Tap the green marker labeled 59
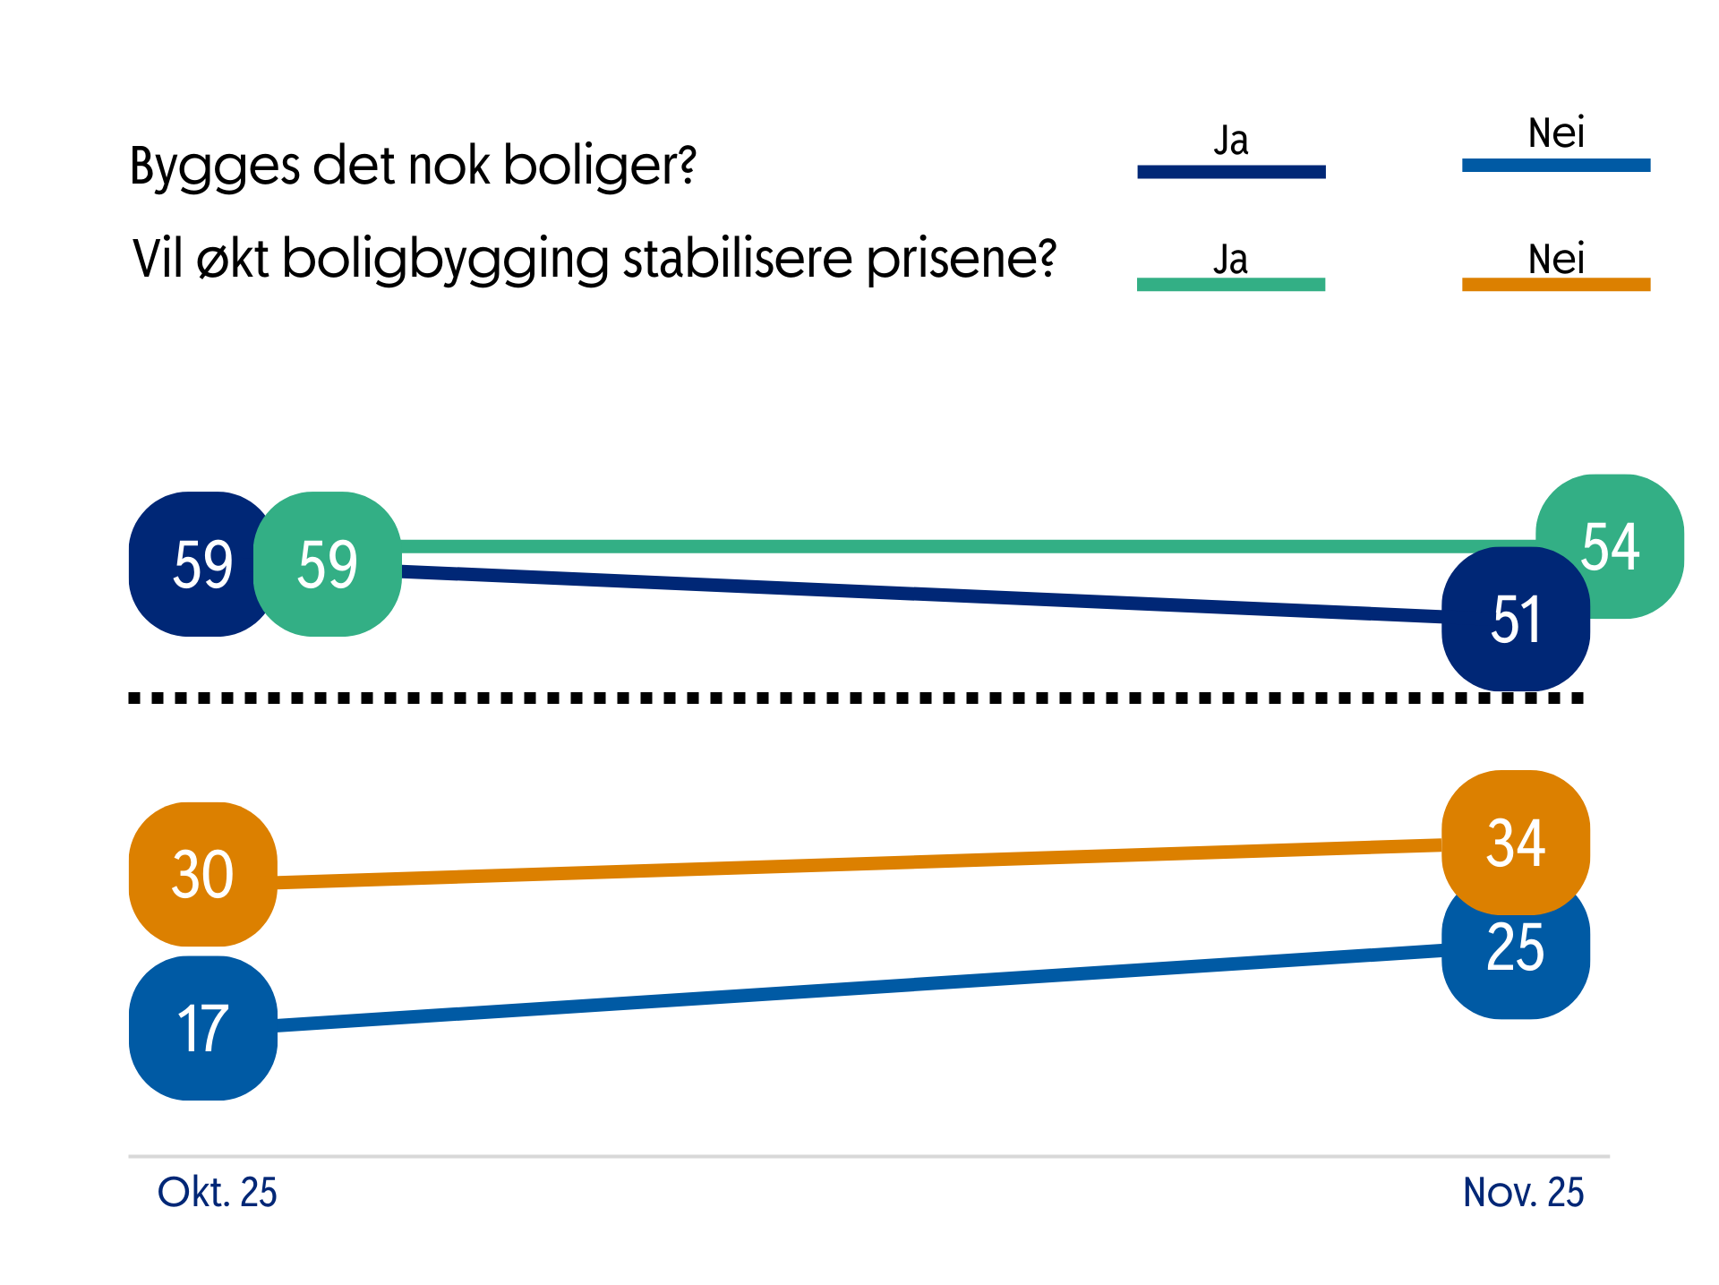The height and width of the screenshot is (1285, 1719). (328, 564)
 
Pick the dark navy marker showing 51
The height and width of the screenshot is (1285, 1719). (1515, 620)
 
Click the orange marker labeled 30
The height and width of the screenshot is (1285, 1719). (203, 874)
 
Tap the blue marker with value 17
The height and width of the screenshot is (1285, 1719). (203, 1028)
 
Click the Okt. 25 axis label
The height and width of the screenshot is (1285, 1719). (217, 1193)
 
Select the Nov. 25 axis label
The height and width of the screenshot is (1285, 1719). (1523, 1193)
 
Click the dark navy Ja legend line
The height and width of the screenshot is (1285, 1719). (1231, 171)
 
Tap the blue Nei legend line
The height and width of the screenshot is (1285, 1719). (1555, 165)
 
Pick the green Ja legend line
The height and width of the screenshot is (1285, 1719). (1231, 284)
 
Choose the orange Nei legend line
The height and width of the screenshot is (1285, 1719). (1555, 284)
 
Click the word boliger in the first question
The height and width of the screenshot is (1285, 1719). (599, 167)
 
